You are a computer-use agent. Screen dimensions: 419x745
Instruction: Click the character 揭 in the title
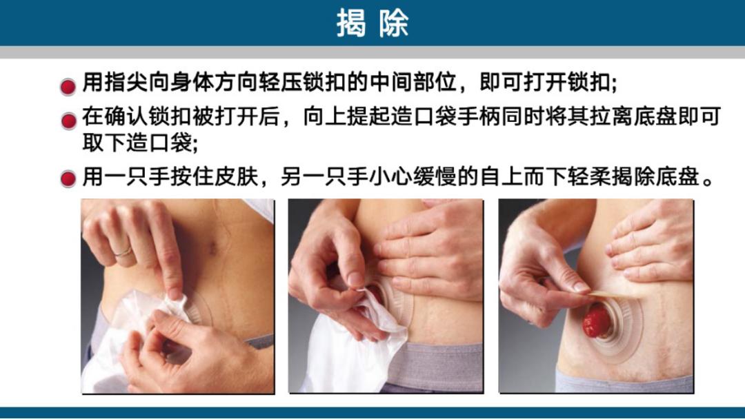[x=350, y=23]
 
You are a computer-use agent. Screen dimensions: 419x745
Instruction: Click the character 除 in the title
[x=394, y=23]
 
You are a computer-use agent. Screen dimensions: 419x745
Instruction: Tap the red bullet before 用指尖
[x=68, y=87]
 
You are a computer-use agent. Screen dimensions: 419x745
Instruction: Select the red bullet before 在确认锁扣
[x=68, y=121]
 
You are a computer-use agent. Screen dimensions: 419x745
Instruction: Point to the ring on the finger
[x=123, y=253]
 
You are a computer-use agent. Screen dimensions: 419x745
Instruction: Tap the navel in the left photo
[x=214, y=247]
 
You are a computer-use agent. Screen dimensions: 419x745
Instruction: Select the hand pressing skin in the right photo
[x=655, y=241]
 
